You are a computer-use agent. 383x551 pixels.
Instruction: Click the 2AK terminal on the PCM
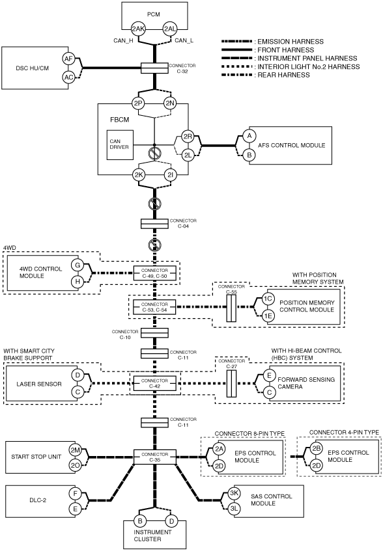(138, 29)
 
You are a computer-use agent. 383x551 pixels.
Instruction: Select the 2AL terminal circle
(170, 29)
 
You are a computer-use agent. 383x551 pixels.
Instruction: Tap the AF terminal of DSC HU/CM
(68, 59)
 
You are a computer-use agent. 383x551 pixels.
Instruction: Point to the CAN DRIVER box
(120, 145)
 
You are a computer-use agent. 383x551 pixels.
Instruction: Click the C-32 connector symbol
(154, 68)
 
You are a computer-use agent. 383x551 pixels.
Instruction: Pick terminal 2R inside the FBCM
(188, 137)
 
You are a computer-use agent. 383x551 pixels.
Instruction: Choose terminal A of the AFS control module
(249, 136)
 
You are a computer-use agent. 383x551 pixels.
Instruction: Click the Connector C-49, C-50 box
(154, 273)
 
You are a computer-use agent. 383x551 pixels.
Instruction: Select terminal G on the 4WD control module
(78, 265)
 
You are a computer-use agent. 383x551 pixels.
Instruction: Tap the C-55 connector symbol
(231, 308)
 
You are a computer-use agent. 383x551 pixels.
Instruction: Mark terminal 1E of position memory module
(268, 316)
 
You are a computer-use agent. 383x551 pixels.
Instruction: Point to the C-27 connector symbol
(231, 383)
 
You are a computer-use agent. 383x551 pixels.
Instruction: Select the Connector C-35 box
(154, 457)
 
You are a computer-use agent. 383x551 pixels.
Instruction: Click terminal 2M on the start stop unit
(75, 450)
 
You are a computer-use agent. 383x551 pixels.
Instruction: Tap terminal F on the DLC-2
(75, 494)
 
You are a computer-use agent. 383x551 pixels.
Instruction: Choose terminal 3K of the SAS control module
(234, 493)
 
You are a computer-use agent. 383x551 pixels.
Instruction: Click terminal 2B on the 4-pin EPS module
(316, 449)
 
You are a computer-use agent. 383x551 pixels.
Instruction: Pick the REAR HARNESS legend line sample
(236, 75)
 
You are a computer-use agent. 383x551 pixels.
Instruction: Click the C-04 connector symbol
(154, 224)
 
